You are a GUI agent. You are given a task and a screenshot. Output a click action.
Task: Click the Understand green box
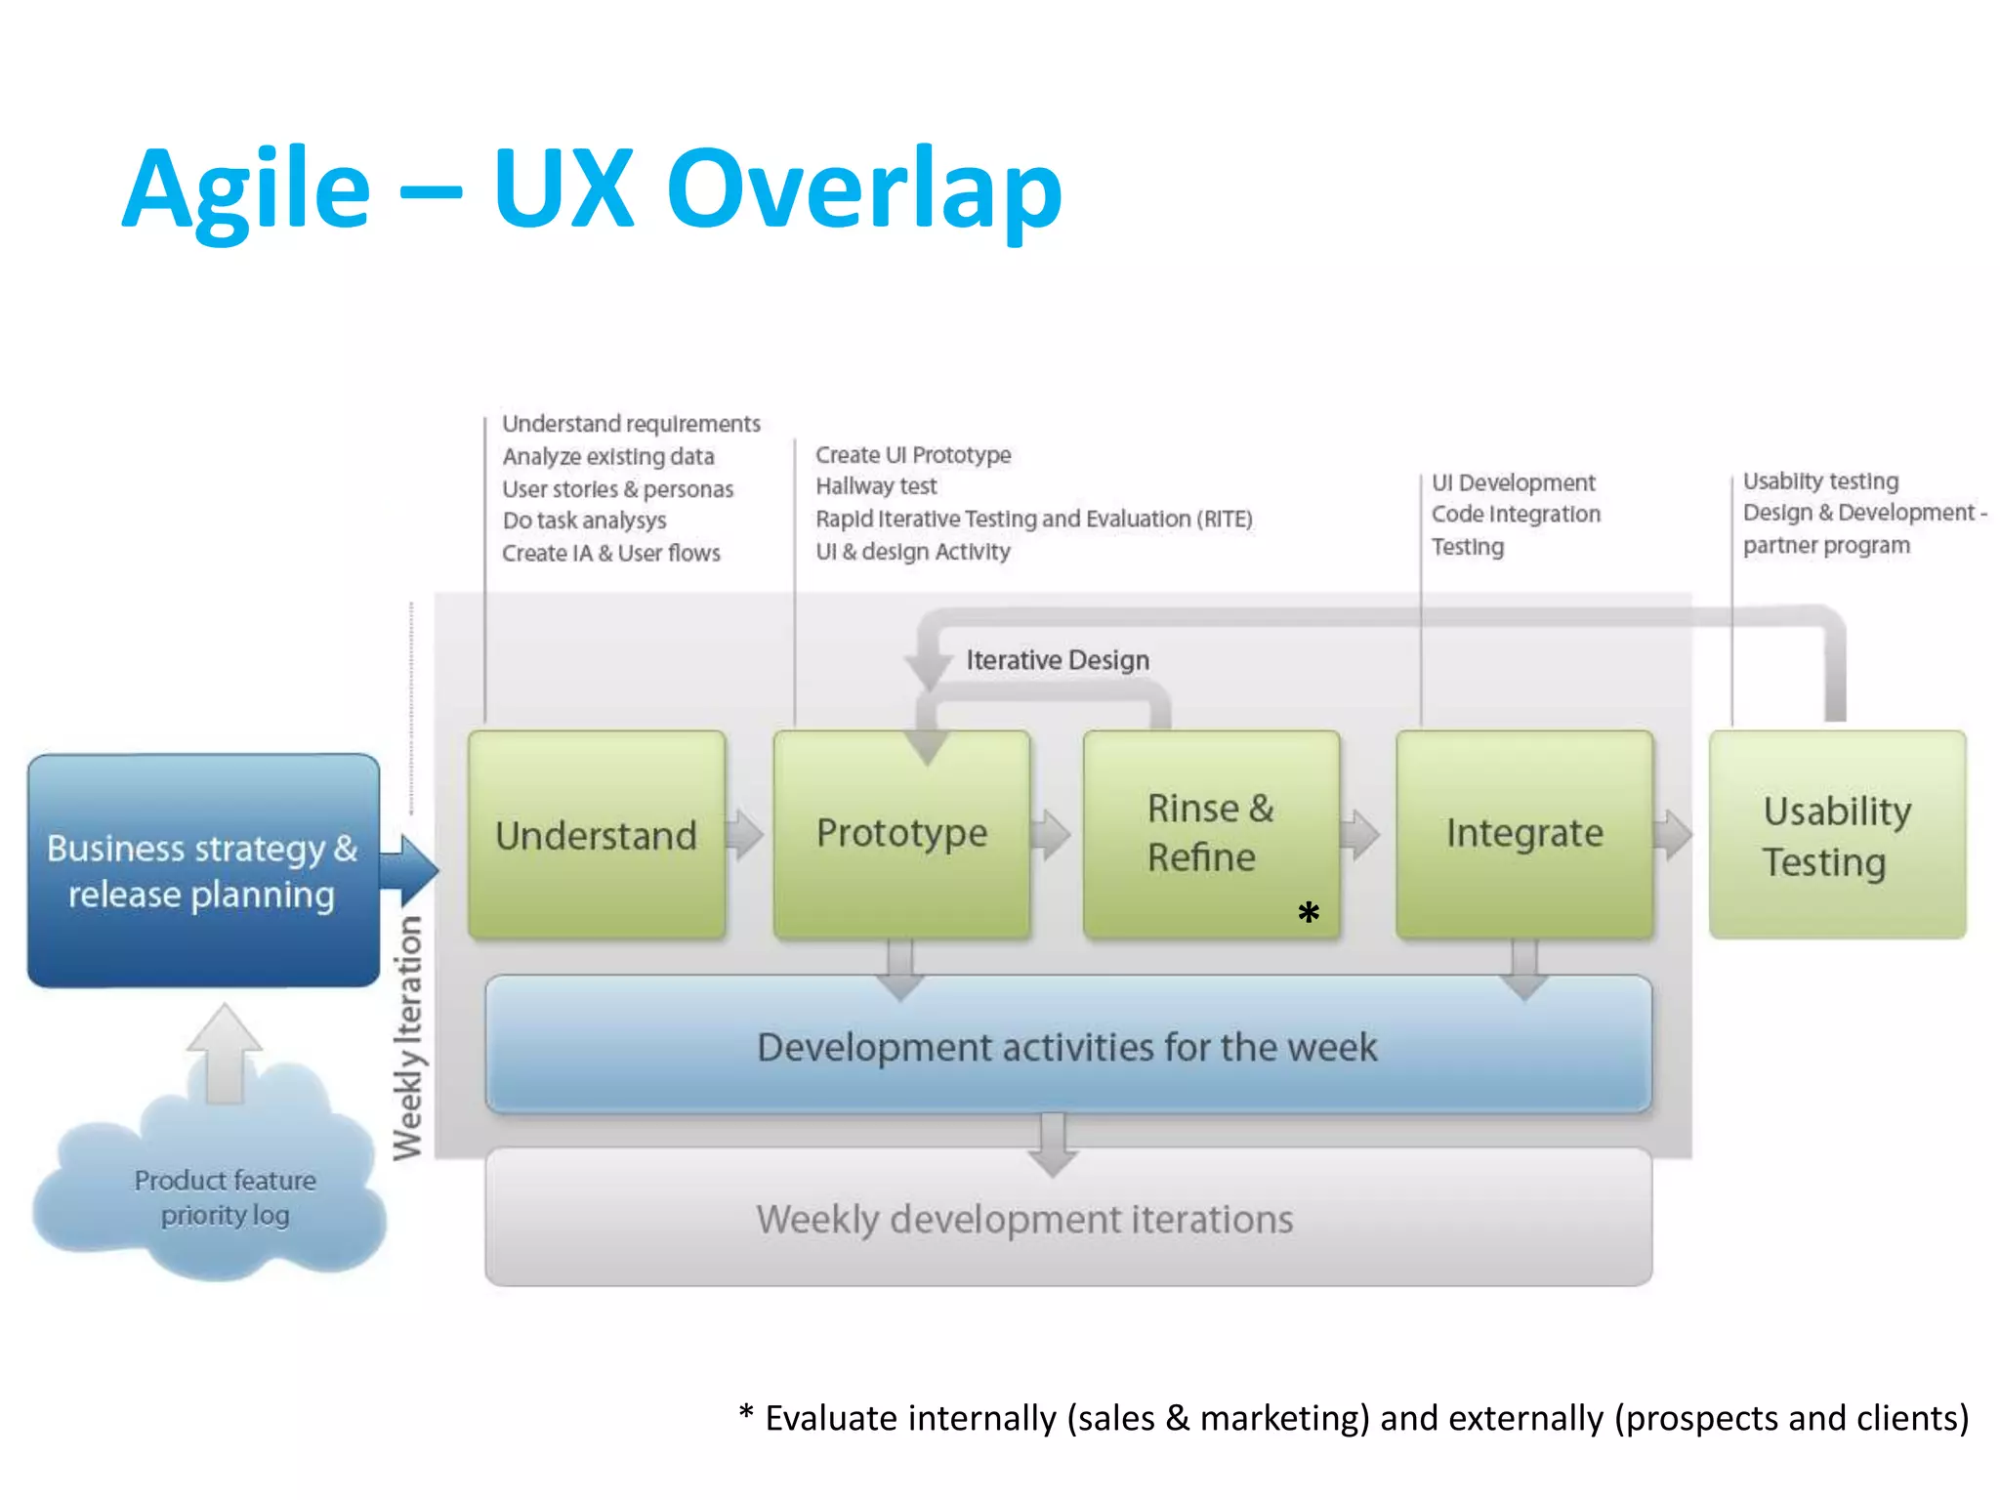[x=596, y=835]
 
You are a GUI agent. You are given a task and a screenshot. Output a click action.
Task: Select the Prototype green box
[x=901, y=833]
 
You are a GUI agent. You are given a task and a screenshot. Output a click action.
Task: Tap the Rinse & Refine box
[x=1211, y=833]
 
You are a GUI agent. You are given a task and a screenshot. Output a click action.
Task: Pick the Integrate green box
[x=1524, y=833]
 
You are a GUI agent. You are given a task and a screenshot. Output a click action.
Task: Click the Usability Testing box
[x=1837, y=835]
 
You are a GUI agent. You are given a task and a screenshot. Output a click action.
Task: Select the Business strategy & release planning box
[x=203, y=870]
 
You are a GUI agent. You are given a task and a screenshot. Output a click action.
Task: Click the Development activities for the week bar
[x=1067, y=1046]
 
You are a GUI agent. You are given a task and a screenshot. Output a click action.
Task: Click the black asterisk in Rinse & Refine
[x=1309, y=913]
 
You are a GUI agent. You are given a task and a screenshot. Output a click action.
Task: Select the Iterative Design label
[x=1058, y=660]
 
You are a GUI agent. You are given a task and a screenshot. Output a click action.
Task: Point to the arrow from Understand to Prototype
[x=746, y=834]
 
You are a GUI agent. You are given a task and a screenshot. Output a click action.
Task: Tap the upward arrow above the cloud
[x=225, y=1051]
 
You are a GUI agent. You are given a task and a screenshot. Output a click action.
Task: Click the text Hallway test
[x=876, y=486]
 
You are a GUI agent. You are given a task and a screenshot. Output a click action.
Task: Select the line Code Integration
[x=1516, y=514]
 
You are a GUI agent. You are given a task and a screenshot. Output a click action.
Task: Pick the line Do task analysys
[x=584, y=521]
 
